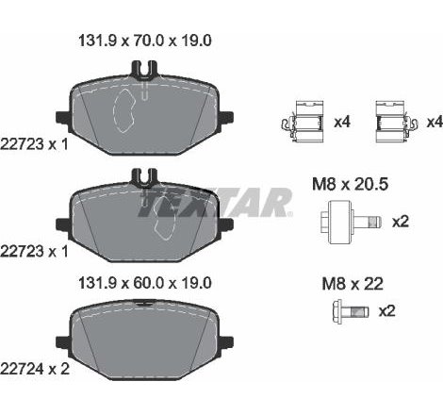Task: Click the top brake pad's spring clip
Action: point(143,69)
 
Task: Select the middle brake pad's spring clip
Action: point(143,175)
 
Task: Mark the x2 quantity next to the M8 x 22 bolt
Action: point(387,310)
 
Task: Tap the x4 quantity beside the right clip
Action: point(433,123)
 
